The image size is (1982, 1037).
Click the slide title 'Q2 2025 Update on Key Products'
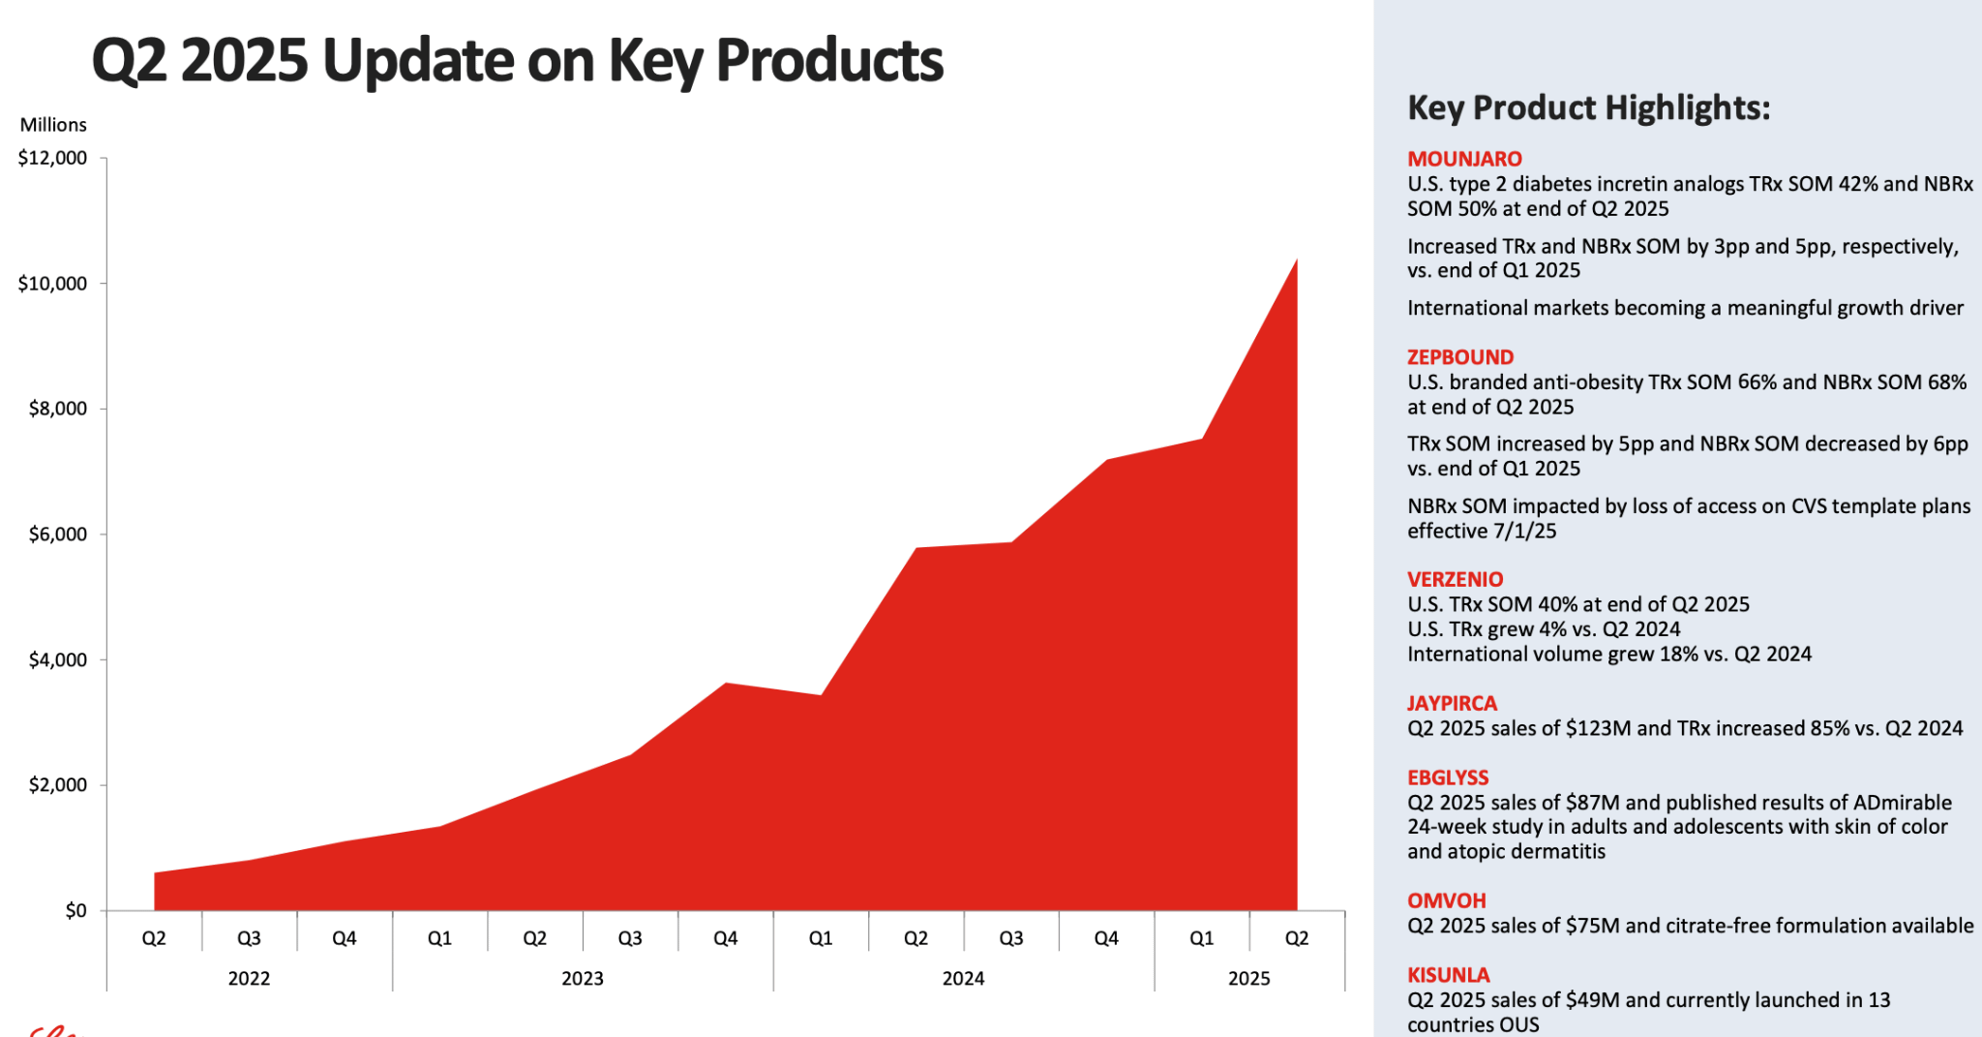(x=517, y=60)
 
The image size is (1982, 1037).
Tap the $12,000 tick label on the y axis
(x=52, y=158)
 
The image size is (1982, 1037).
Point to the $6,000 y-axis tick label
(x=58, y=534)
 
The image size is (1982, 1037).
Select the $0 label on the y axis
(x=75, y=910)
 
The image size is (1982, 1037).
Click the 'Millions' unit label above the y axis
(x=53, y=125)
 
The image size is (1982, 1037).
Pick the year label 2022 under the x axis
(x=249, y=979)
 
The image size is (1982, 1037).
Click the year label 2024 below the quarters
(x=963, y=979)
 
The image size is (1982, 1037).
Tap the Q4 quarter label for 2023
(x=725, y=938)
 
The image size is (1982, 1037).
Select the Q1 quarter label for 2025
(x=1201, y=938)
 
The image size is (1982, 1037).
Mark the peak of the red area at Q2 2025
(x=1296, y=259)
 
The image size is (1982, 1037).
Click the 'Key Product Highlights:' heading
(x=1588, y=107)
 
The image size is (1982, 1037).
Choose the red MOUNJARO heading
(x=1464, y=159)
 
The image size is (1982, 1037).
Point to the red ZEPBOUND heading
(x=1460, y=357)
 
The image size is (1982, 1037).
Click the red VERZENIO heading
(x=1455, y=579)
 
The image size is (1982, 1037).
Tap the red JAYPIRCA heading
(x=1452, y=703)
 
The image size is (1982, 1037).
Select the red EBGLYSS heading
(x=1448, y=778)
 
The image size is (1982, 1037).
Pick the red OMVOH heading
(x=1446, y=900)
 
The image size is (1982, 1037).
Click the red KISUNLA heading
(x=1448, y=975)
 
